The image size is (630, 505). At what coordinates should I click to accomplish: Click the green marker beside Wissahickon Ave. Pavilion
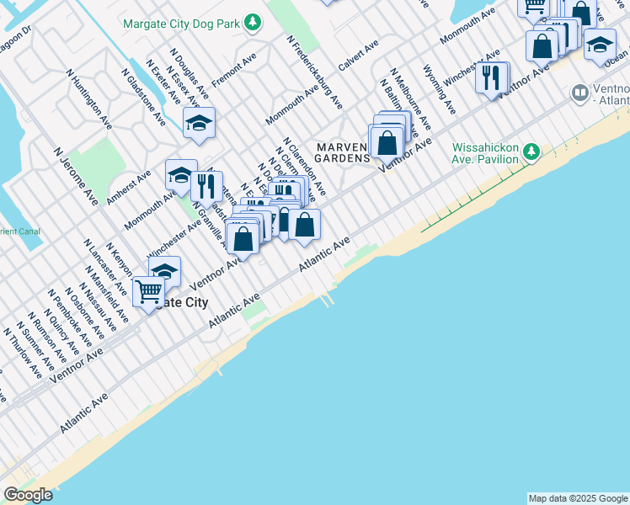point(531,152)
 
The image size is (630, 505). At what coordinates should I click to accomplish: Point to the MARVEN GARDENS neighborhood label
point(343,152)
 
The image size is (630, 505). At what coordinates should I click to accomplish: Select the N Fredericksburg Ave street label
point(315,72)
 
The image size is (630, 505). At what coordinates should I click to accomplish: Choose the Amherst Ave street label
point(128,187)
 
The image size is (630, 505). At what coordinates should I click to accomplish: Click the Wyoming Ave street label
point(439,90)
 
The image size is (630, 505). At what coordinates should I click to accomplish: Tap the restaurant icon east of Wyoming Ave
point(491,77)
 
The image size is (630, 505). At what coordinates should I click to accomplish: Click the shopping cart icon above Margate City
point(148,292)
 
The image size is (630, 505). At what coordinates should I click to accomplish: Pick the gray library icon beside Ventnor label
point(579,92)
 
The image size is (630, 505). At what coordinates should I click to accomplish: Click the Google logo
point(28,495)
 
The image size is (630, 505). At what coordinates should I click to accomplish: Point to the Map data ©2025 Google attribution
point(578,498)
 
